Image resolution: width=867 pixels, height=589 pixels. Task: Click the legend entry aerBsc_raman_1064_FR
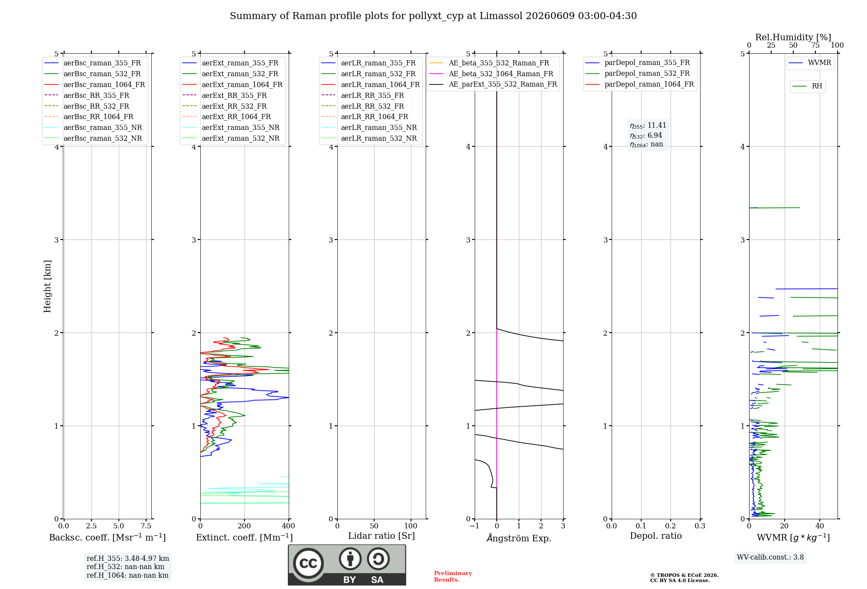[95, 84]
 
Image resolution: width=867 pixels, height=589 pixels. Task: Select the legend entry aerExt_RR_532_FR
[225, 106]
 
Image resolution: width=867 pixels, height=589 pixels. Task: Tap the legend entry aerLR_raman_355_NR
[369, 127]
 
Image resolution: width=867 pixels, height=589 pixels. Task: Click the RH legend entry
[807, 86]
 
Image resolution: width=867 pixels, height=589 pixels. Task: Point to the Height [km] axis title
[47, 286]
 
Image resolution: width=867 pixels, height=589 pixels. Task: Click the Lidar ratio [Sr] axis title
[381, 536]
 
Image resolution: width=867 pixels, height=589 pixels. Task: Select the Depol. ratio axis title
[656, 536]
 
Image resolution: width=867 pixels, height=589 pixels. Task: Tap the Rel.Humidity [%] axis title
[793, 37]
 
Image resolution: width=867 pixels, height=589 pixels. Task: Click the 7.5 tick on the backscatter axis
[146, 526]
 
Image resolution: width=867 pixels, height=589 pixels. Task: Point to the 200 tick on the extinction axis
[244, 526]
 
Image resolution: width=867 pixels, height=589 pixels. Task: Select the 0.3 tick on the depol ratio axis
[700, 526]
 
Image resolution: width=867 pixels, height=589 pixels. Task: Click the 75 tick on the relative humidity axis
[815, 45]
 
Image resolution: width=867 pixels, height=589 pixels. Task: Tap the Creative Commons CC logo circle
[308, 563]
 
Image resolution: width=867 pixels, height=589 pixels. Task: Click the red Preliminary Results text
[453, 576]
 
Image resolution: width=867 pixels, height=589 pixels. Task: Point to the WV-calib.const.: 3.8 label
[770, 557]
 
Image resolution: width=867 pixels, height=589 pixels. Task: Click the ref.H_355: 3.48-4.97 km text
[128, 558]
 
